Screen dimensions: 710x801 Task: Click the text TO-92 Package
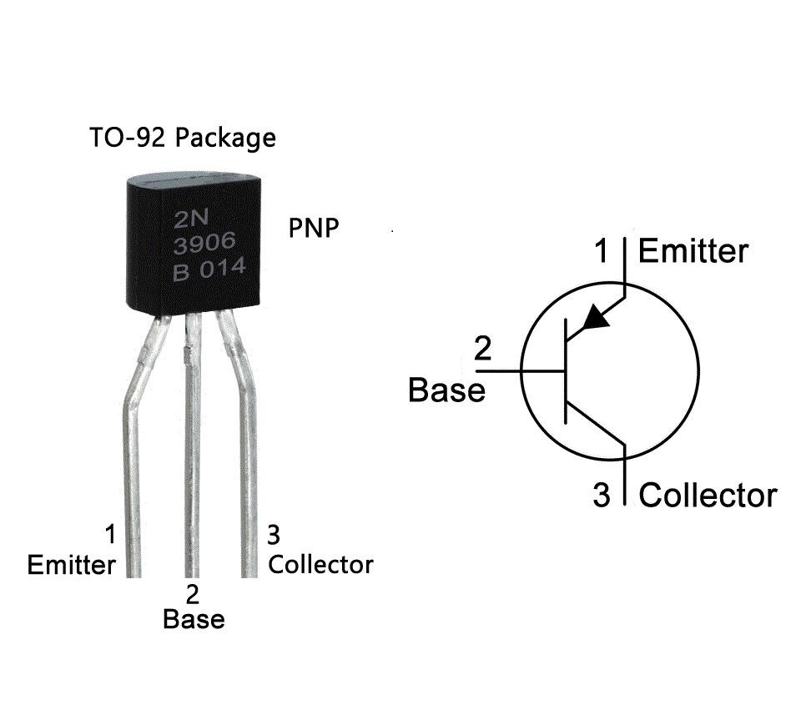point(182,137)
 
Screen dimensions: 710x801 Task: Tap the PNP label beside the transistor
point(314,228)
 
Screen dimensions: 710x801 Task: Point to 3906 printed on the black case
point(204,245)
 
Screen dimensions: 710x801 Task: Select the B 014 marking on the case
point(209,271)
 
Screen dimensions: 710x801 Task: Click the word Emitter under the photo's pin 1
point(71,565)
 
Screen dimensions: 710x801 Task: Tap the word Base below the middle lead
point(194,620)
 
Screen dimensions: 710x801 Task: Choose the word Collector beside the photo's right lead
point(320,564)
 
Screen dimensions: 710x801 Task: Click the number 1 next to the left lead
point(108,534)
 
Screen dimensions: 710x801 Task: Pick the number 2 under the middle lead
point(194,595)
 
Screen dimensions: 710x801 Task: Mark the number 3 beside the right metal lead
point(273,534)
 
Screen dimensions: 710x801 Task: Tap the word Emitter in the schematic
point(693,250)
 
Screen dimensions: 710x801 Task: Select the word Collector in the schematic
point(708,495)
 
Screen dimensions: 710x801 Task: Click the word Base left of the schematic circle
point(446,390)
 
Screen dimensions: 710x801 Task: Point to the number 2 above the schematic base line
point(483,349)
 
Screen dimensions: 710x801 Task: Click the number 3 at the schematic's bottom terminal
point(602,496)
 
